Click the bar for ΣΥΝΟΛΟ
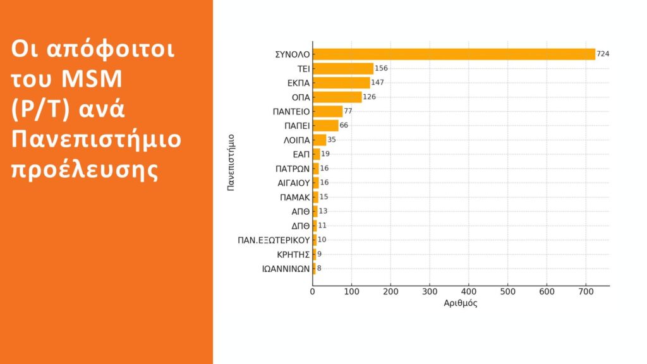pyautogui.click(x=454, y=54)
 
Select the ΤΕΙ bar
pyautogui.click(x=343, y=68)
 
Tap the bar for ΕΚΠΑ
pyautogui.click(x=341, y=83)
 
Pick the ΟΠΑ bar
pyautogui.click(x=337, y=97)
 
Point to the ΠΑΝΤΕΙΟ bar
pyautogui.click(x=327, y=111)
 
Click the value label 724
pyautogui.click(x=603, y=54)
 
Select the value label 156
pyautogui.click(x=381, y=68)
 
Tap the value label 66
pyautogui.click(x=344, y=125)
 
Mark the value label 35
pyautogui.click(x=332, y=140)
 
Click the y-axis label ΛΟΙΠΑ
pyautogui.click(x=297, y=140)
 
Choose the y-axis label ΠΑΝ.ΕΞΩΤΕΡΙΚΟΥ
pyautogui.click(x=278, y=240)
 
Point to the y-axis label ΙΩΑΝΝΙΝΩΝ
pyautogui.click(x=286, y=268)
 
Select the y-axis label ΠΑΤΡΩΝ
pyautogui.click(x=293, y=168)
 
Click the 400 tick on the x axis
pyautogui.click(x=468, y=292)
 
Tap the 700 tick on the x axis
pyautogui.click(x=585, y=292)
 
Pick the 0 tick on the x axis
pyautogui.click(x=313, y=292)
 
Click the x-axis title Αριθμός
pyautogui.click(x=461, y=304)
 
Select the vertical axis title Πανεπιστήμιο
pyautogui.click(x=231, y=162)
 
